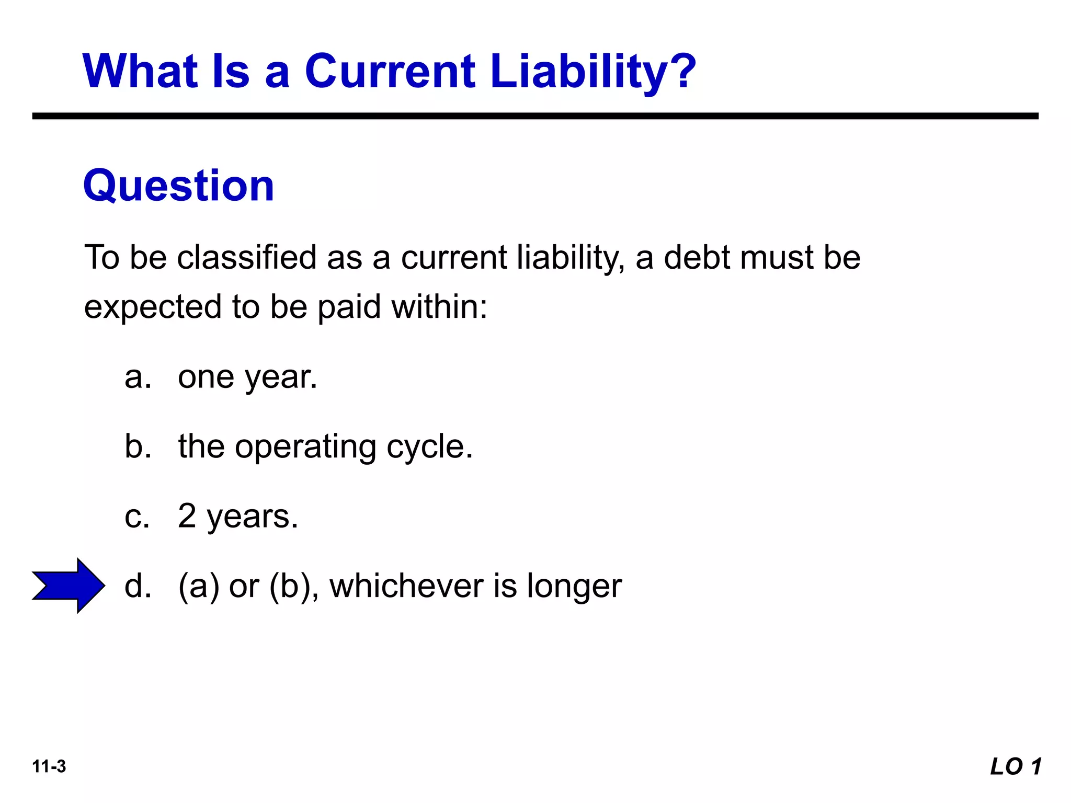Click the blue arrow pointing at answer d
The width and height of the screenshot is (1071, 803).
pyautogui.click(x=68, y=586)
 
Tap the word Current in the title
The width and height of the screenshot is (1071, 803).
pyautogui.click(x=390, y=72)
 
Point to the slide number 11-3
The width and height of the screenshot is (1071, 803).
pyautogui.click(x=49, y=766)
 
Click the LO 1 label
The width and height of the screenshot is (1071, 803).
pyautogui.click(x=1016, y=766)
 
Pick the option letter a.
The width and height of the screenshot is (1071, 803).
pyautogui.click(x=137, y=377)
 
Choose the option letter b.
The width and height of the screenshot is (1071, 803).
pyautogui.click(x=137, y=446)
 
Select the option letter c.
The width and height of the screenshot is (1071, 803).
pyautogui.click(x=137, y=517)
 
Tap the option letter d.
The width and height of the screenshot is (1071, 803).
pyautogui.click(x=137, y=586)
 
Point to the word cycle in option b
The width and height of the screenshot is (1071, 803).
pyautogui.click(x=429, y=448)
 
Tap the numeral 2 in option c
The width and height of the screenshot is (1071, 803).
pyautogui.click(x=187, y=516)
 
